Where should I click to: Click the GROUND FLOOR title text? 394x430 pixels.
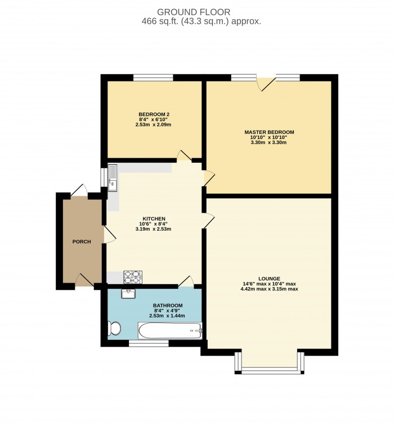pyautogui.click(x=194, y=12)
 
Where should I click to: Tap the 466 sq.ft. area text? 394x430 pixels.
pyautogui.click(x=202, y=21)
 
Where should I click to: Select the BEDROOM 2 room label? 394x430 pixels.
pyautogui.click(x=154, y=114)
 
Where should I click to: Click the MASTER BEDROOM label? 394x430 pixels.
pyautogui.click(x=268, y=132)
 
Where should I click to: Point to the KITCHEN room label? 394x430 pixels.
pyautogui.click(x=153, y=218)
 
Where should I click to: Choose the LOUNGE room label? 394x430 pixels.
pyautogui.click(x=269, y=278)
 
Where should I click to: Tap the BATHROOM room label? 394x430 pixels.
pyautogui.click(x=168, y=306)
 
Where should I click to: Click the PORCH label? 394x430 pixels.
pyautogui.click(x=82, y=241)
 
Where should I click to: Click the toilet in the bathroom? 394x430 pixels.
pyautogui.click(x=114, y=328)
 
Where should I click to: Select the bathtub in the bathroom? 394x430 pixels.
pyautogui.click(x=169, y=330)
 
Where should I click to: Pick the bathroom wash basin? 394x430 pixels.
pyautogui.click(x=129, y=293)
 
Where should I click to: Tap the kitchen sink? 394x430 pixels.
pyautogui.click(x=113, y=177)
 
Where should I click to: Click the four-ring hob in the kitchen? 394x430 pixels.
pyautogui.click(x=133, y=277)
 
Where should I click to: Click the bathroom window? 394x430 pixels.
pyautogui.click(x=149, y=343)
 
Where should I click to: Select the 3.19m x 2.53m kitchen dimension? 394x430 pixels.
pyautogui.click(x=153, y=229)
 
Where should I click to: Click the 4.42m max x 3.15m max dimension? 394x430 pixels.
pyautogui.click(x=269, y=289)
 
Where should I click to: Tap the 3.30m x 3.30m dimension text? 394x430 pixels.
pyautogui.click(x=268, y=142)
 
